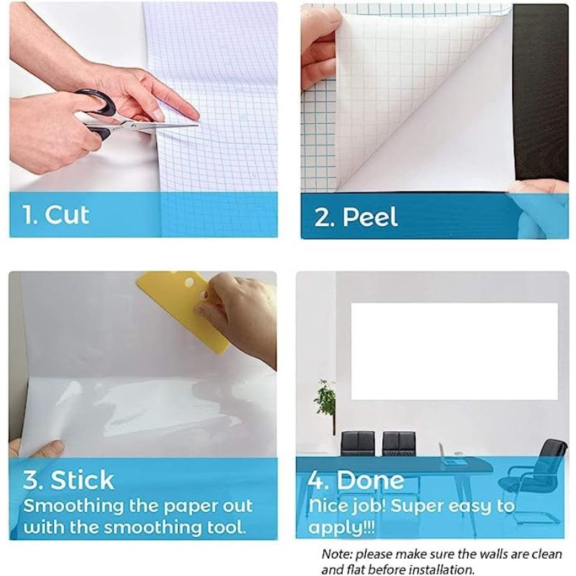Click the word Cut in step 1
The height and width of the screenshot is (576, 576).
67,215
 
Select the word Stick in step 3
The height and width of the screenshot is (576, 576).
82,480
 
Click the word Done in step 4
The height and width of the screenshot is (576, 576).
371,480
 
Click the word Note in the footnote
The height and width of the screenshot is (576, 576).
336,555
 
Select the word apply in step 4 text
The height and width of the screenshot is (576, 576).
328,526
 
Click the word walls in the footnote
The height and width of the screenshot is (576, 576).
478,555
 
